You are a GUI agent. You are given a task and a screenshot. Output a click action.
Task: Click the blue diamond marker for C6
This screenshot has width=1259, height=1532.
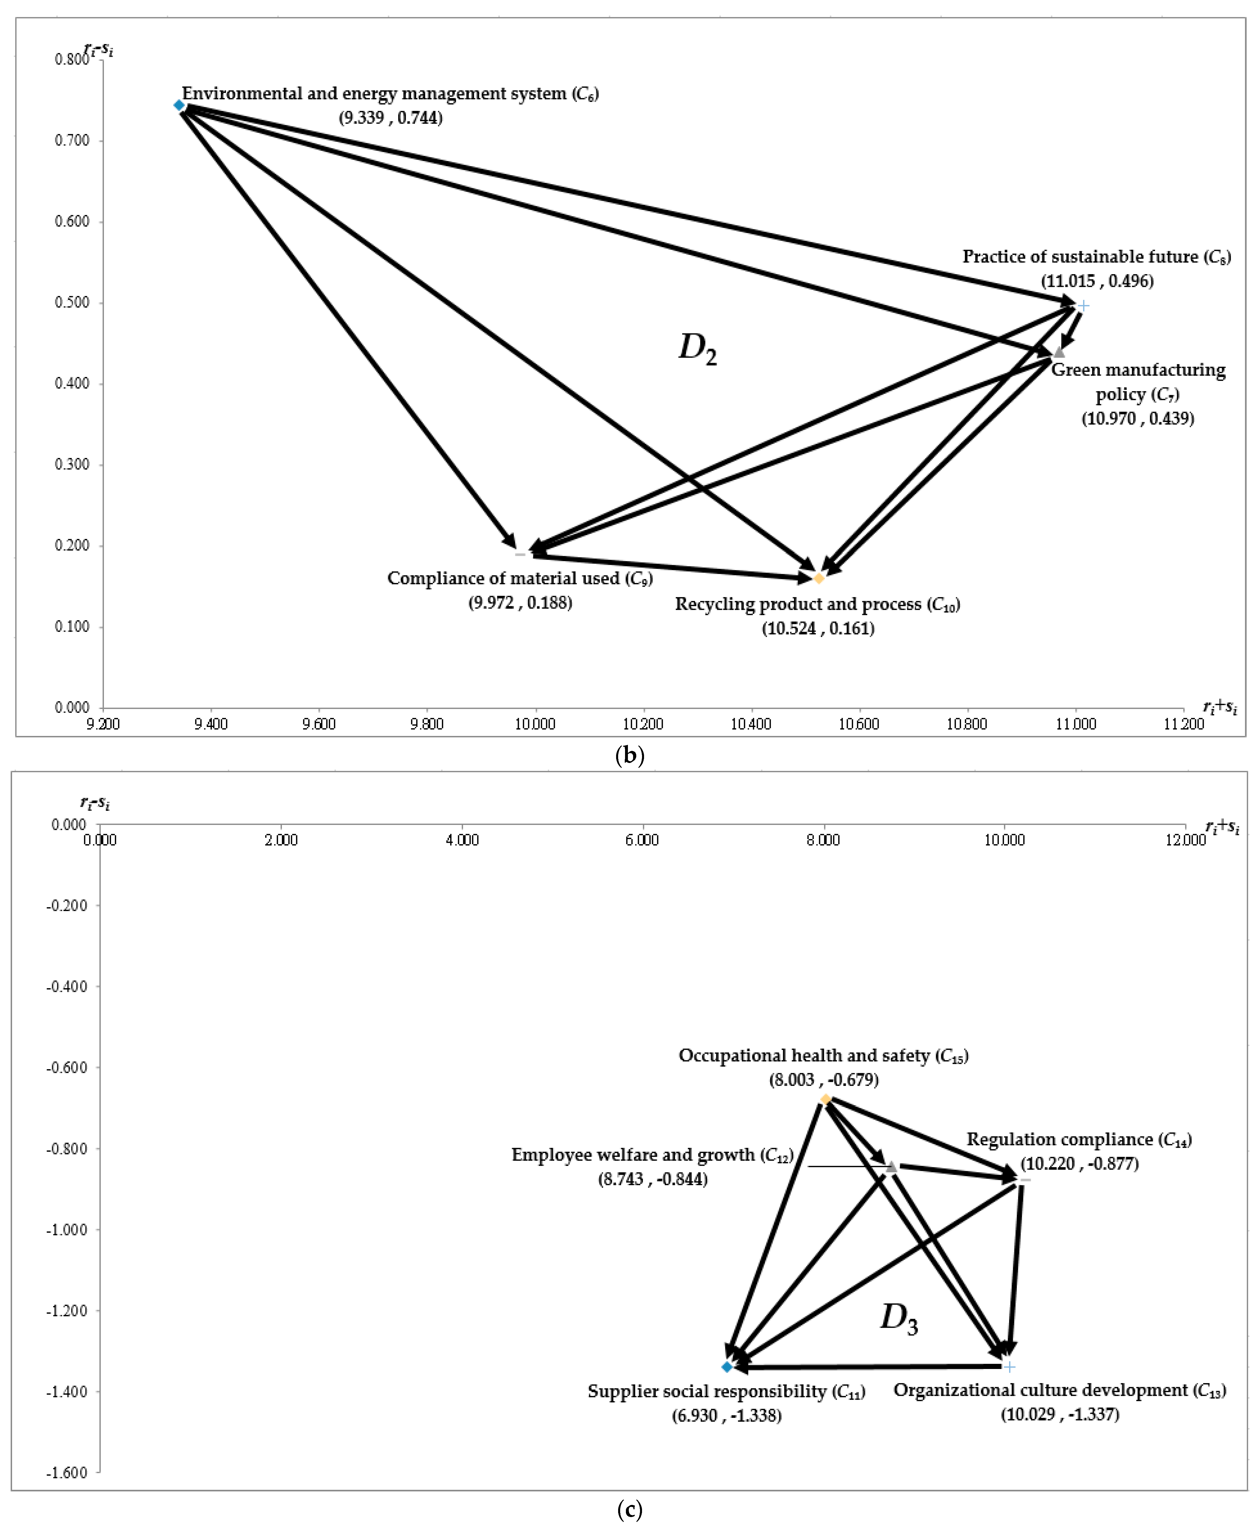coord(179,105)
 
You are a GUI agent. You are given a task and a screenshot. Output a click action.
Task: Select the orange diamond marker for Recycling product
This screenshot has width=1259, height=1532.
coord(819,578)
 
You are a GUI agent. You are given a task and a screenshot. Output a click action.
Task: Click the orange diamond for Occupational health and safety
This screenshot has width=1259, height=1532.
coord(825,1100)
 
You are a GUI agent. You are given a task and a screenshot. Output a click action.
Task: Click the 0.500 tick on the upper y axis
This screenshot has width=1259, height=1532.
coord(73,302)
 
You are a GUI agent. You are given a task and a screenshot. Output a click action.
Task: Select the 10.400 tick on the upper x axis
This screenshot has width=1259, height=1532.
coord(751,724)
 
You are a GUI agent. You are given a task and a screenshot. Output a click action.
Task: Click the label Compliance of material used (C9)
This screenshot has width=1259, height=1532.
coord(519,578)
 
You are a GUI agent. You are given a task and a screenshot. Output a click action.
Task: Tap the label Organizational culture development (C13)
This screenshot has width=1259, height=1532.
coord(1059,1390)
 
